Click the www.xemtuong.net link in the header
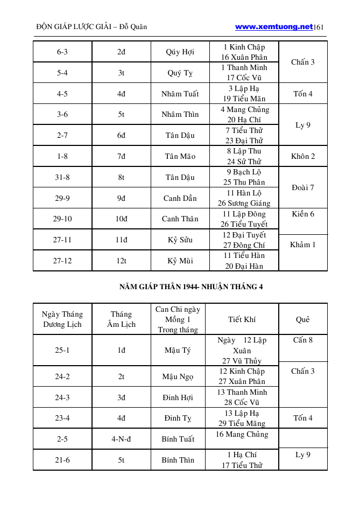[273, 26]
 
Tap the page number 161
[318, 27]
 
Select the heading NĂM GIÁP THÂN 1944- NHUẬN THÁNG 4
[191, 287]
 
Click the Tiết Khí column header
[242, 319]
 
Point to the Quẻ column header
[303, 319]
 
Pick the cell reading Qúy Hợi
[180, 52]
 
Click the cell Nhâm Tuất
[180, 94]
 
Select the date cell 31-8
[62, 177]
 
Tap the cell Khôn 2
[303, 156]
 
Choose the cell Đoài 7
[303, 187]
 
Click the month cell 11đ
[121, 240]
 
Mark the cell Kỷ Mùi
[180, 261]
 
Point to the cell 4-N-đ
[121, 439]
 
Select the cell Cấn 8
[303, 340]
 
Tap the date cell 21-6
[62, 460]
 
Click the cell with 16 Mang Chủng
[242, 435]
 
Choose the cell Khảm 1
[303, 245]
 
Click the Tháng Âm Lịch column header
[121, 319]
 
